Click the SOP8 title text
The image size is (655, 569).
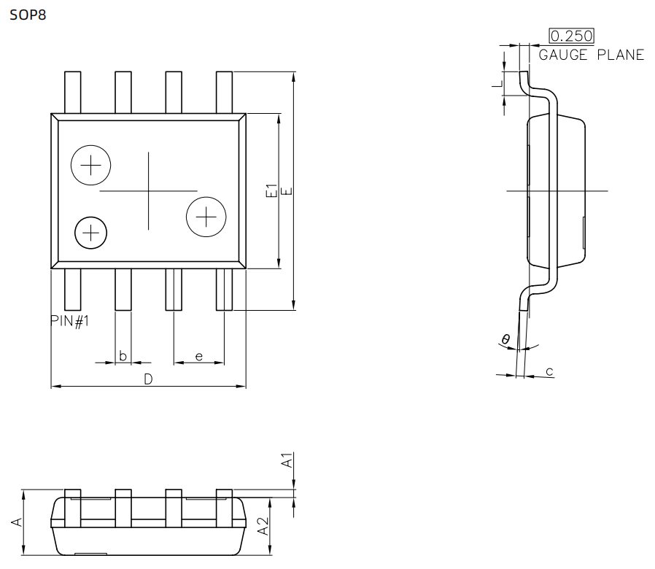click(x=27, y=14)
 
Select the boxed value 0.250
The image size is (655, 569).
click(x=571, y=36)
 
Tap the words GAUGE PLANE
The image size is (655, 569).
click(x=591, y=55)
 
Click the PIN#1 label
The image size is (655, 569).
click(x=70, y=321)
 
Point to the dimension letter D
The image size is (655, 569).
click(x=147, y=379)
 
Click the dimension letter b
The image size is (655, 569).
click(x=123, y=356)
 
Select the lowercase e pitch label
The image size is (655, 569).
click(x=198, y=356)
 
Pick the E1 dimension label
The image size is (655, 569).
click(x=271, y=191)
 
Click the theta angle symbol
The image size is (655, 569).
click(x=505, y=338)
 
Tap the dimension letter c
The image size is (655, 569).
click(x=549, y=372)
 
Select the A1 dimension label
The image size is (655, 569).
click(x=288, y=461)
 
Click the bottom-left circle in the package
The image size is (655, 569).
click(x=91, y=233)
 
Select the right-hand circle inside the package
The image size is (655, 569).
click(x=206, y=217)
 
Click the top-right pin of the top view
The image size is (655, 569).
click(x=225, y=92)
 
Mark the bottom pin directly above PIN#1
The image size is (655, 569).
click(x=72, y=290)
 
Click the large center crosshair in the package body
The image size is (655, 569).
click(x=149, y=190)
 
